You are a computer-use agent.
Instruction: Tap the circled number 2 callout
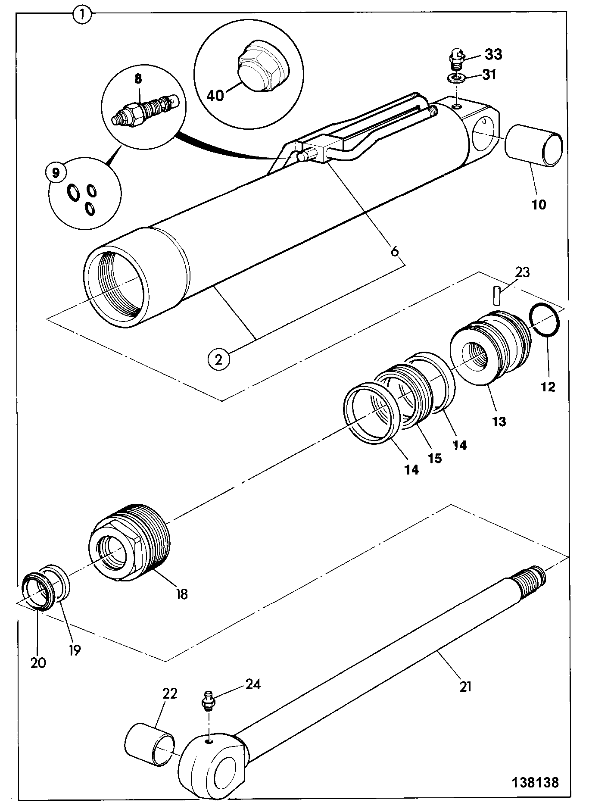point(218,359)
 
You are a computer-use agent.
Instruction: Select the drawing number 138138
point(535,783)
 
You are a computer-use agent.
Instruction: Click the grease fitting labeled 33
point(457,59)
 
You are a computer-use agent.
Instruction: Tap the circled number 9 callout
point(55,174)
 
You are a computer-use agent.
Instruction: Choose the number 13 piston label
point(499,421)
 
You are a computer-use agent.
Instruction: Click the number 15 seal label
point(435,458)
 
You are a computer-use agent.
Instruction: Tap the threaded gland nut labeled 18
point(131,543)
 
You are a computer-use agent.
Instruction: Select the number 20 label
point(38,662)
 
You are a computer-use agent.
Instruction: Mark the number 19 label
point(75,650)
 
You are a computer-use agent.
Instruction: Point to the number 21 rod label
point(465,686)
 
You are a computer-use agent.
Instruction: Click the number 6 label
point(395,251)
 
